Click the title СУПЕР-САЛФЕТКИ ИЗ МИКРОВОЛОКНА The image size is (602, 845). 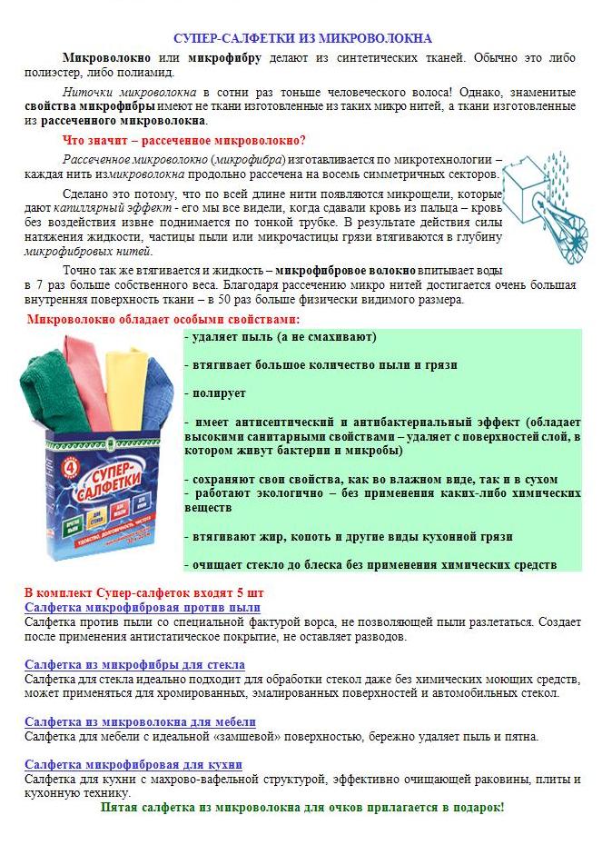pos(303,38)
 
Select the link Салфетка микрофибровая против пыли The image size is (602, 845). pos(143,607)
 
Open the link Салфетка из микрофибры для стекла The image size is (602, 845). pos(134,665)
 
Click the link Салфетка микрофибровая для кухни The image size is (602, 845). pos(133,764)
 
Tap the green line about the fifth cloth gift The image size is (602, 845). pos(301,807)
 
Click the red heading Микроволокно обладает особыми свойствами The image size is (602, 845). pos(163,319)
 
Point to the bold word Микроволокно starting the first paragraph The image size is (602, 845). pos(97,57)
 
